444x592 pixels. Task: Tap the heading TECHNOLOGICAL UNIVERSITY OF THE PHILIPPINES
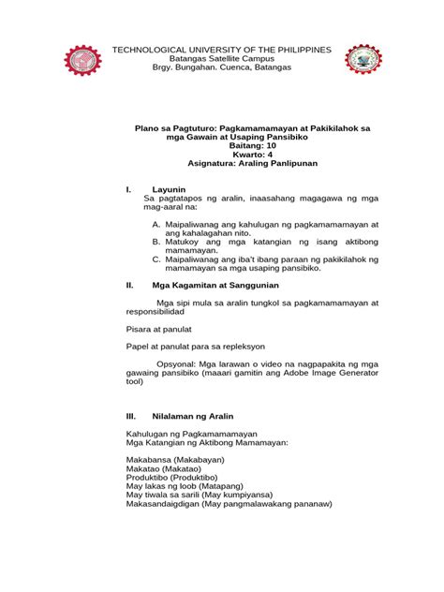(221, 49)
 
